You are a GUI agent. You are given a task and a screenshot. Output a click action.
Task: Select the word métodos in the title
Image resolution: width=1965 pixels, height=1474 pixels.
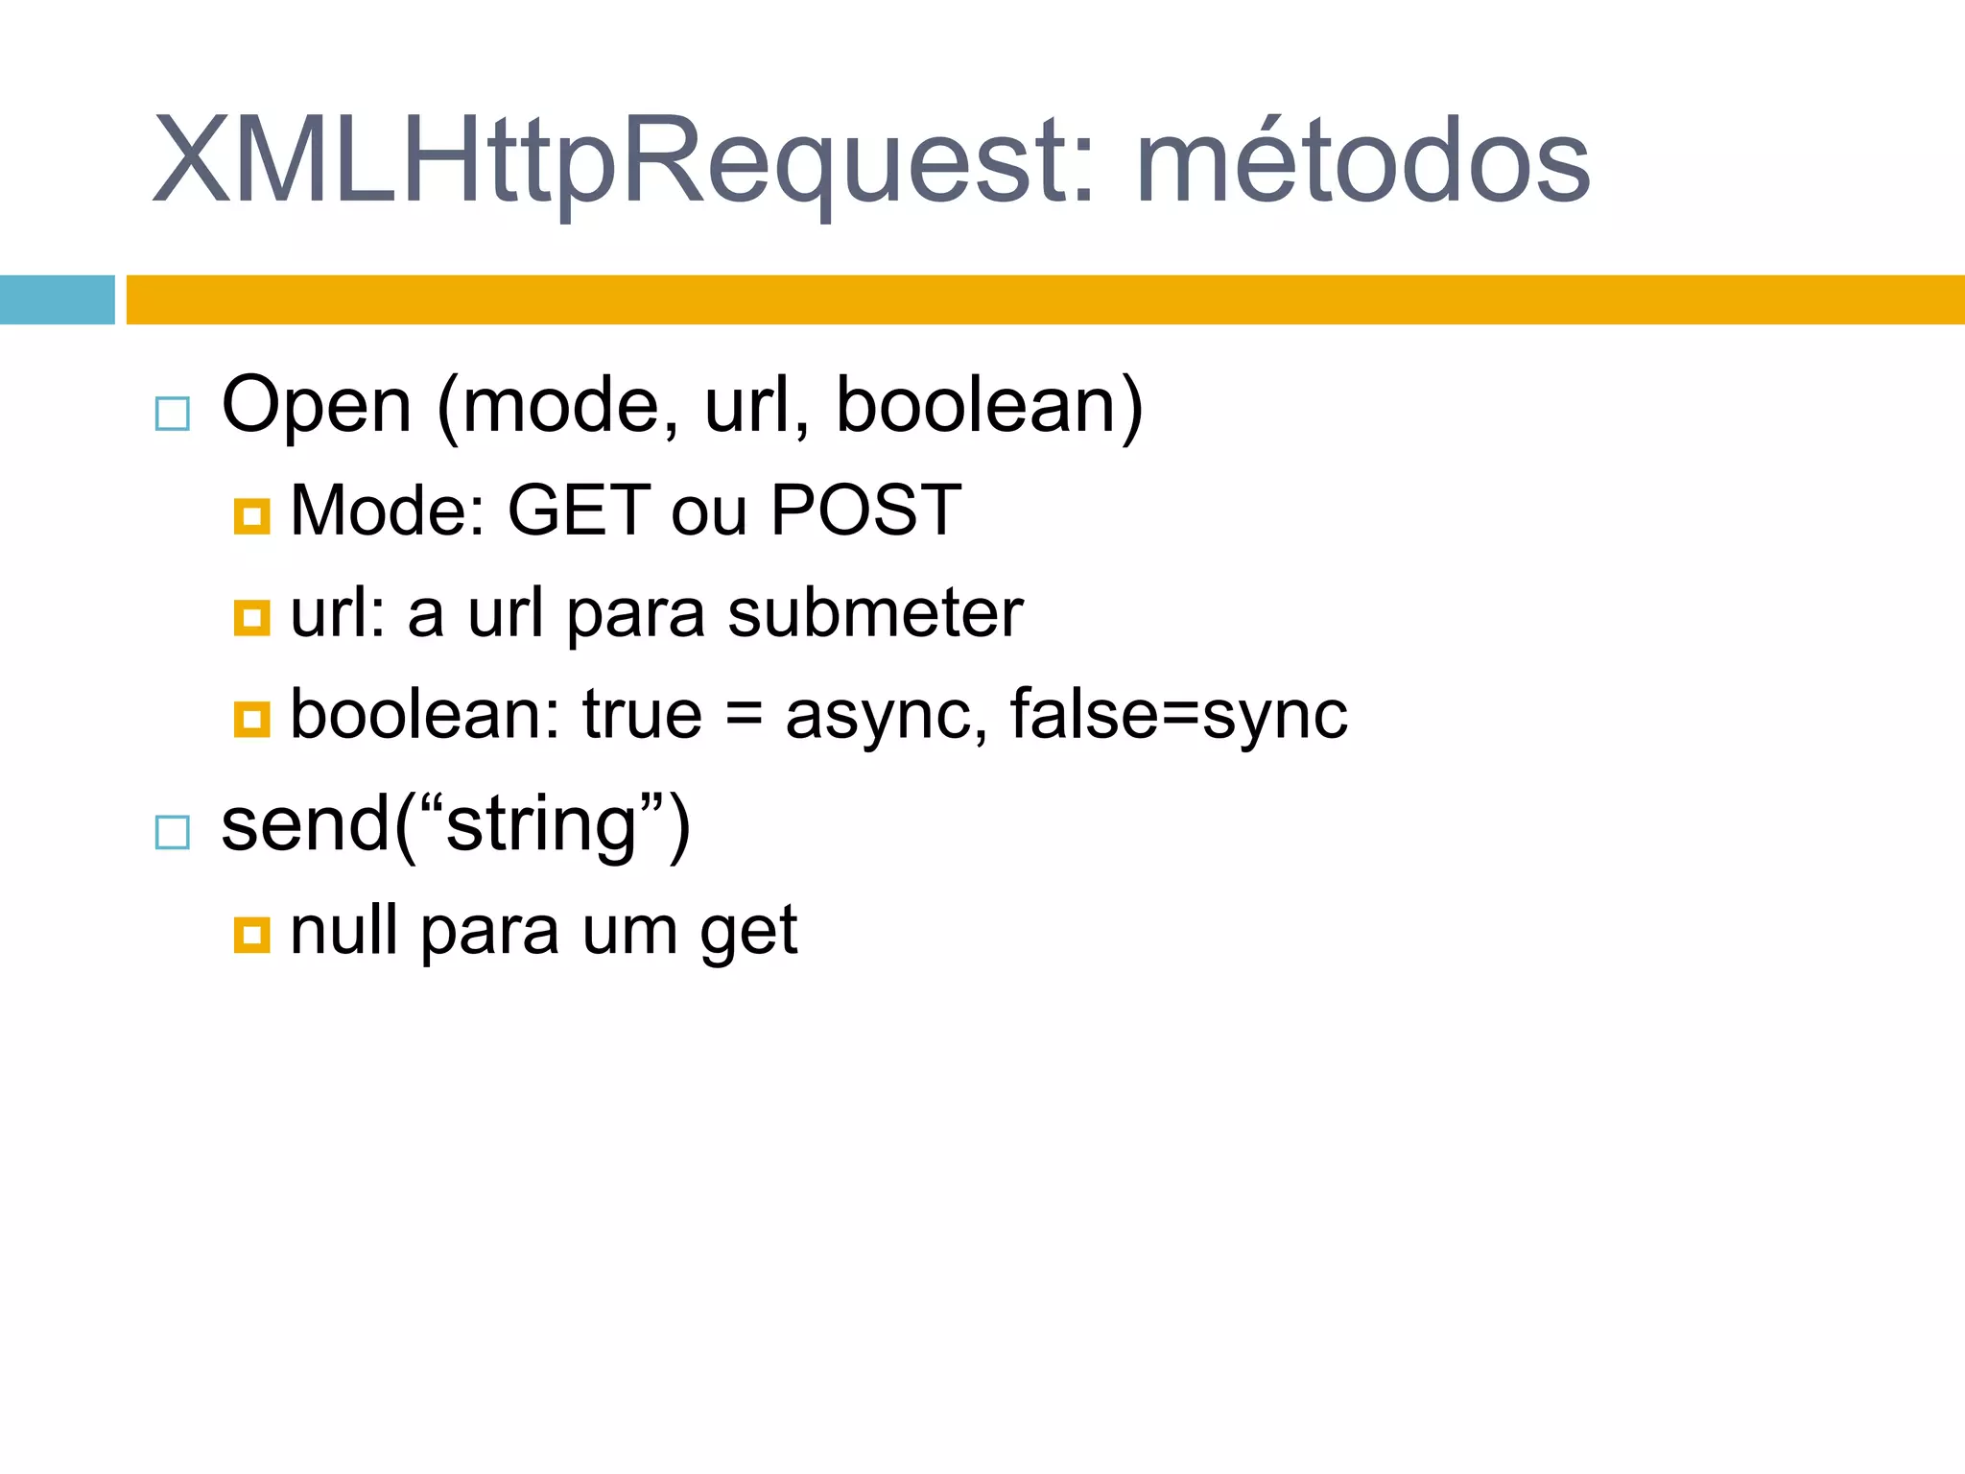pos(1362,161)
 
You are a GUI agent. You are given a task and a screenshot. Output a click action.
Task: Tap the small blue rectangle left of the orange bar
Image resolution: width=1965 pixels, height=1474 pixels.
pos(57,299)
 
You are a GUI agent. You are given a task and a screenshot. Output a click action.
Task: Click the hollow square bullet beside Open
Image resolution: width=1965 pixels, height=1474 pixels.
pos(173,414)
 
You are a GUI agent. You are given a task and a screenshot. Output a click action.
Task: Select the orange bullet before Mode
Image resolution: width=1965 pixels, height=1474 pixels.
pos(251,516)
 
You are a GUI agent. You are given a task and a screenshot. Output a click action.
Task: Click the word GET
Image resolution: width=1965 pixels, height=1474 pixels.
pos(579,510)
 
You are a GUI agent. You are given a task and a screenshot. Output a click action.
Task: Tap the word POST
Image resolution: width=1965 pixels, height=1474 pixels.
pos(865,510)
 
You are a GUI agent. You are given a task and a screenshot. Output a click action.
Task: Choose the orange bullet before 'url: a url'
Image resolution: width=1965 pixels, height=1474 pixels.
pos(251,618)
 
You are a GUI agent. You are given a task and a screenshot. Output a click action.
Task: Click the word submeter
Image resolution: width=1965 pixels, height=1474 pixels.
pos(875,613)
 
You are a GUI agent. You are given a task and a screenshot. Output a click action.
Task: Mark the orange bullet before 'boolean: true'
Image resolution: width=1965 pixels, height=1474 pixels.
pos(251,718)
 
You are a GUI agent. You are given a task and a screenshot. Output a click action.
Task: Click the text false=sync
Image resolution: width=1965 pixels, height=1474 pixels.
pos(1178,715)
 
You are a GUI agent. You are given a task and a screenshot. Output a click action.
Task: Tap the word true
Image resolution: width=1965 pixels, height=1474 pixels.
pos(642,715)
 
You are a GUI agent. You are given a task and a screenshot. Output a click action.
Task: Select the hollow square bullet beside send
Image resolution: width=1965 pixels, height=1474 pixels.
pos(173,832)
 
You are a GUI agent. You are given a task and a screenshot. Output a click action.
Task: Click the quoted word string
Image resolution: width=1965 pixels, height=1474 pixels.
pos(542,825)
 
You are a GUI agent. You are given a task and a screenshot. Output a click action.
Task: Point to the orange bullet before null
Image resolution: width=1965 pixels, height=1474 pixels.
pos(251,934)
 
